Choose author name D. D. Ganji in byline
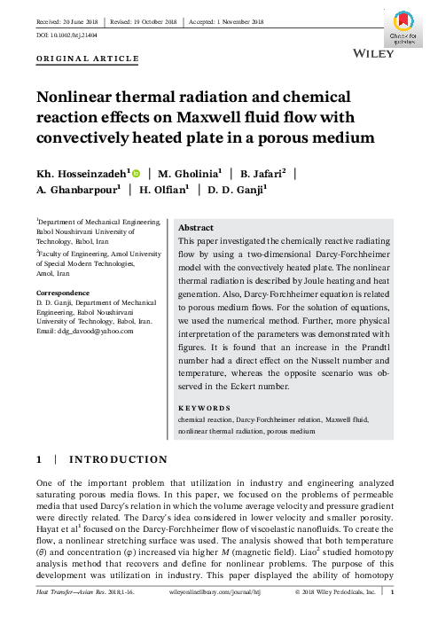(x=234, y=189)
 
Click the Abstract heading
(x=197, y=227)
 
